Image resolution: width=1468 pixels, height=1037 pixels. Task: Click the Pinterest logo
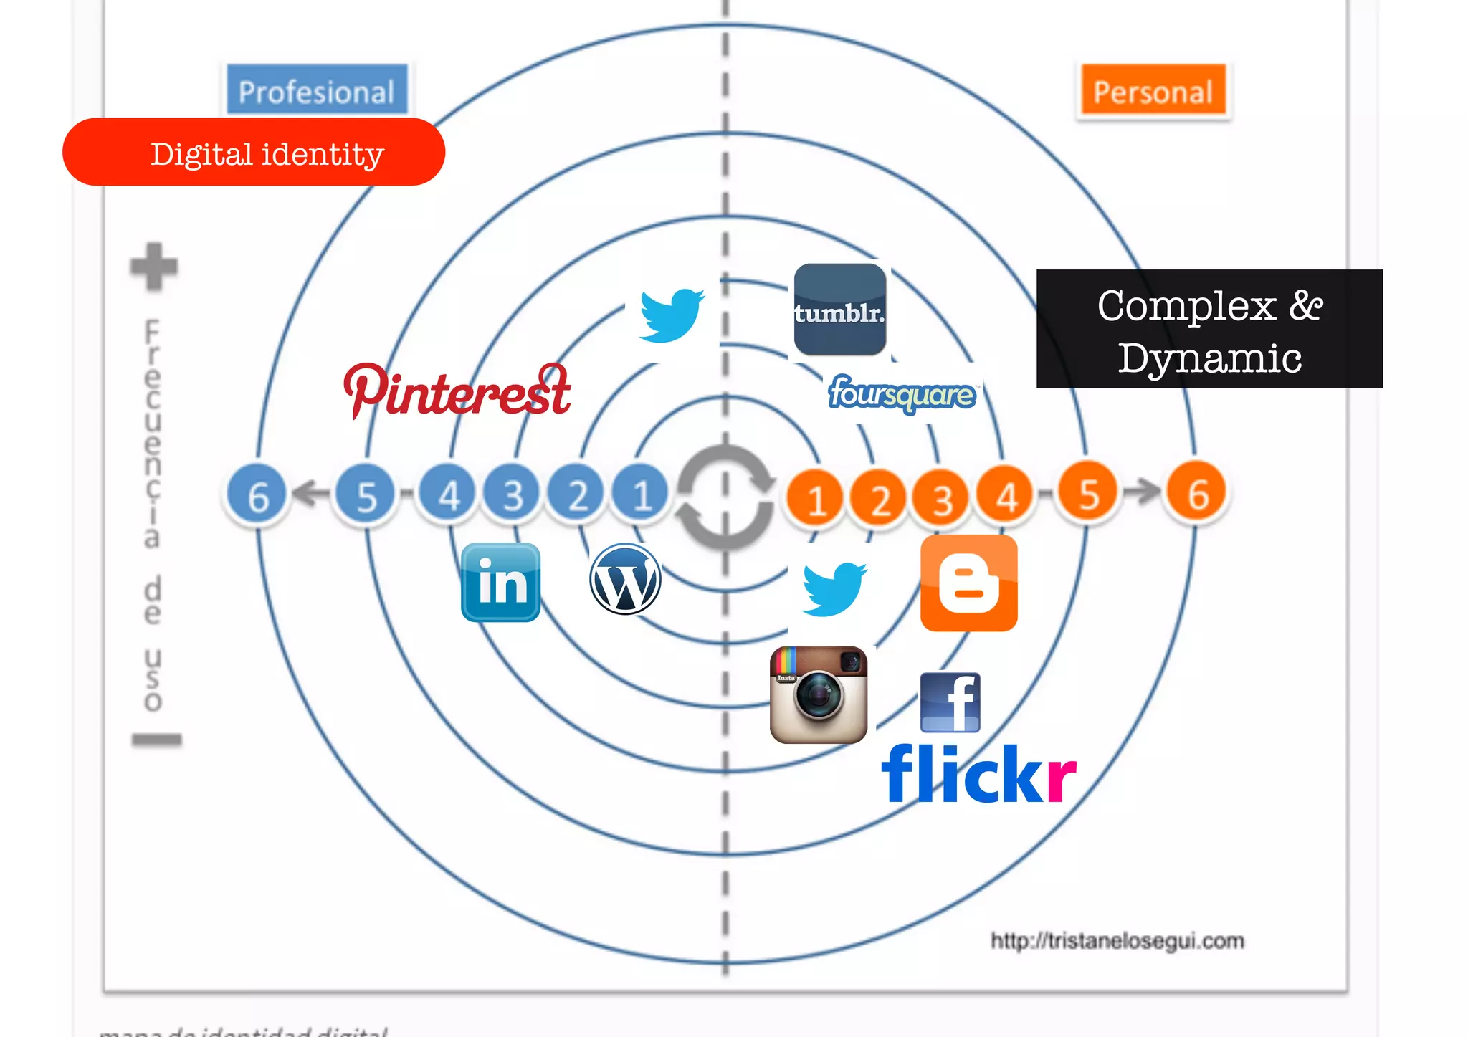click(x=457, y=391)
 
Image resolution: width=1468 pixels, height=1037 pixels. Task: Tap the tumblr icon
click(x=839, y=310)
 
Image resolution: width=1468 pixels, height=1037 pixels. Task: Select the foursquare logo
click(x=902, y=393)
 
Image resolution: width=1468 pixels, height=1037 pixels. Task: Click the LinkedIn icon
click(x=500, y=582)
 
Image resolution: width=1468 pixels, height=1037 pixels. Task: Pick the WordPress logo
click(x=625, y=579)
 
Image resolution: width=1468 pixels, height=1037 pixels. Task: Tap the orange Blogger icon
click(x=968, y=583)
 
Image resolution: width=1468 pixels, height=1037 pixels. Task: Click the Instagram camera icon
click(x=819, y=694)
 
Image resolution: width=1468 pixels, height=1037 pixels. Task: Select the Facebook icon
click(x=950, y=702)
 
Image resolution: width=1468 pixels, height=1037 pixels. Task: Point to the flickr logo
click(x=978, y=774)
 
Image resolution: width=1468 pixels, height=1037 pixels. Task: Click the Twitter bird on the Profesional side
click(x=671, y=315)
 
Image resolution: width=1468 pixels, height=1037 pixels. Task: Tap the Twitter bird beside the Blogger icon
click(x=833, y=588)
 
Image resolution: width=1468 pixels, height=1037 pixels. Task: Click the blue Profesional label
click(x=317, y=90)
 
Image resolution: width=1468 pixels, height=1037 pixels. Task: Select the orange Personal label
click(x=1153, y=90)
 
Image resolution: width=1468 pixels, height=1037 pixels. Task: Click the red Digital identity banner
click(x=254, y=153)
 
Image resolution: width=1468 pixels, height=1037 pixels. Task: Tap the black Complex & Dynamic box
click(x=1209, y=329)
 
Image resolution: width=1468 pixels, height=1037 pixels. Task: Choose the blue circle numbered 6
click(x=257, y=494)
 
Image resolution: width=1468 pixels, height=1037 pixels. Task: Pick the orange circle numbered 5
click(x=1088, y=493)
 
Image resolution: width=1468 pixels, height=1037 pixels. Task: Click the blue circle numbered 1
click(x=641, y=494)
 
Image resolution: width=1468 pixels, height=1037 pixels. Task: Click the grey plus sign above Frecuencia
click(x=153, y=267)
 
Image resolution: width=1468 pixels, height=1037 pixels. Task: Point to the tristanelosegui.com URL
click(x=1117, y=940)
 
